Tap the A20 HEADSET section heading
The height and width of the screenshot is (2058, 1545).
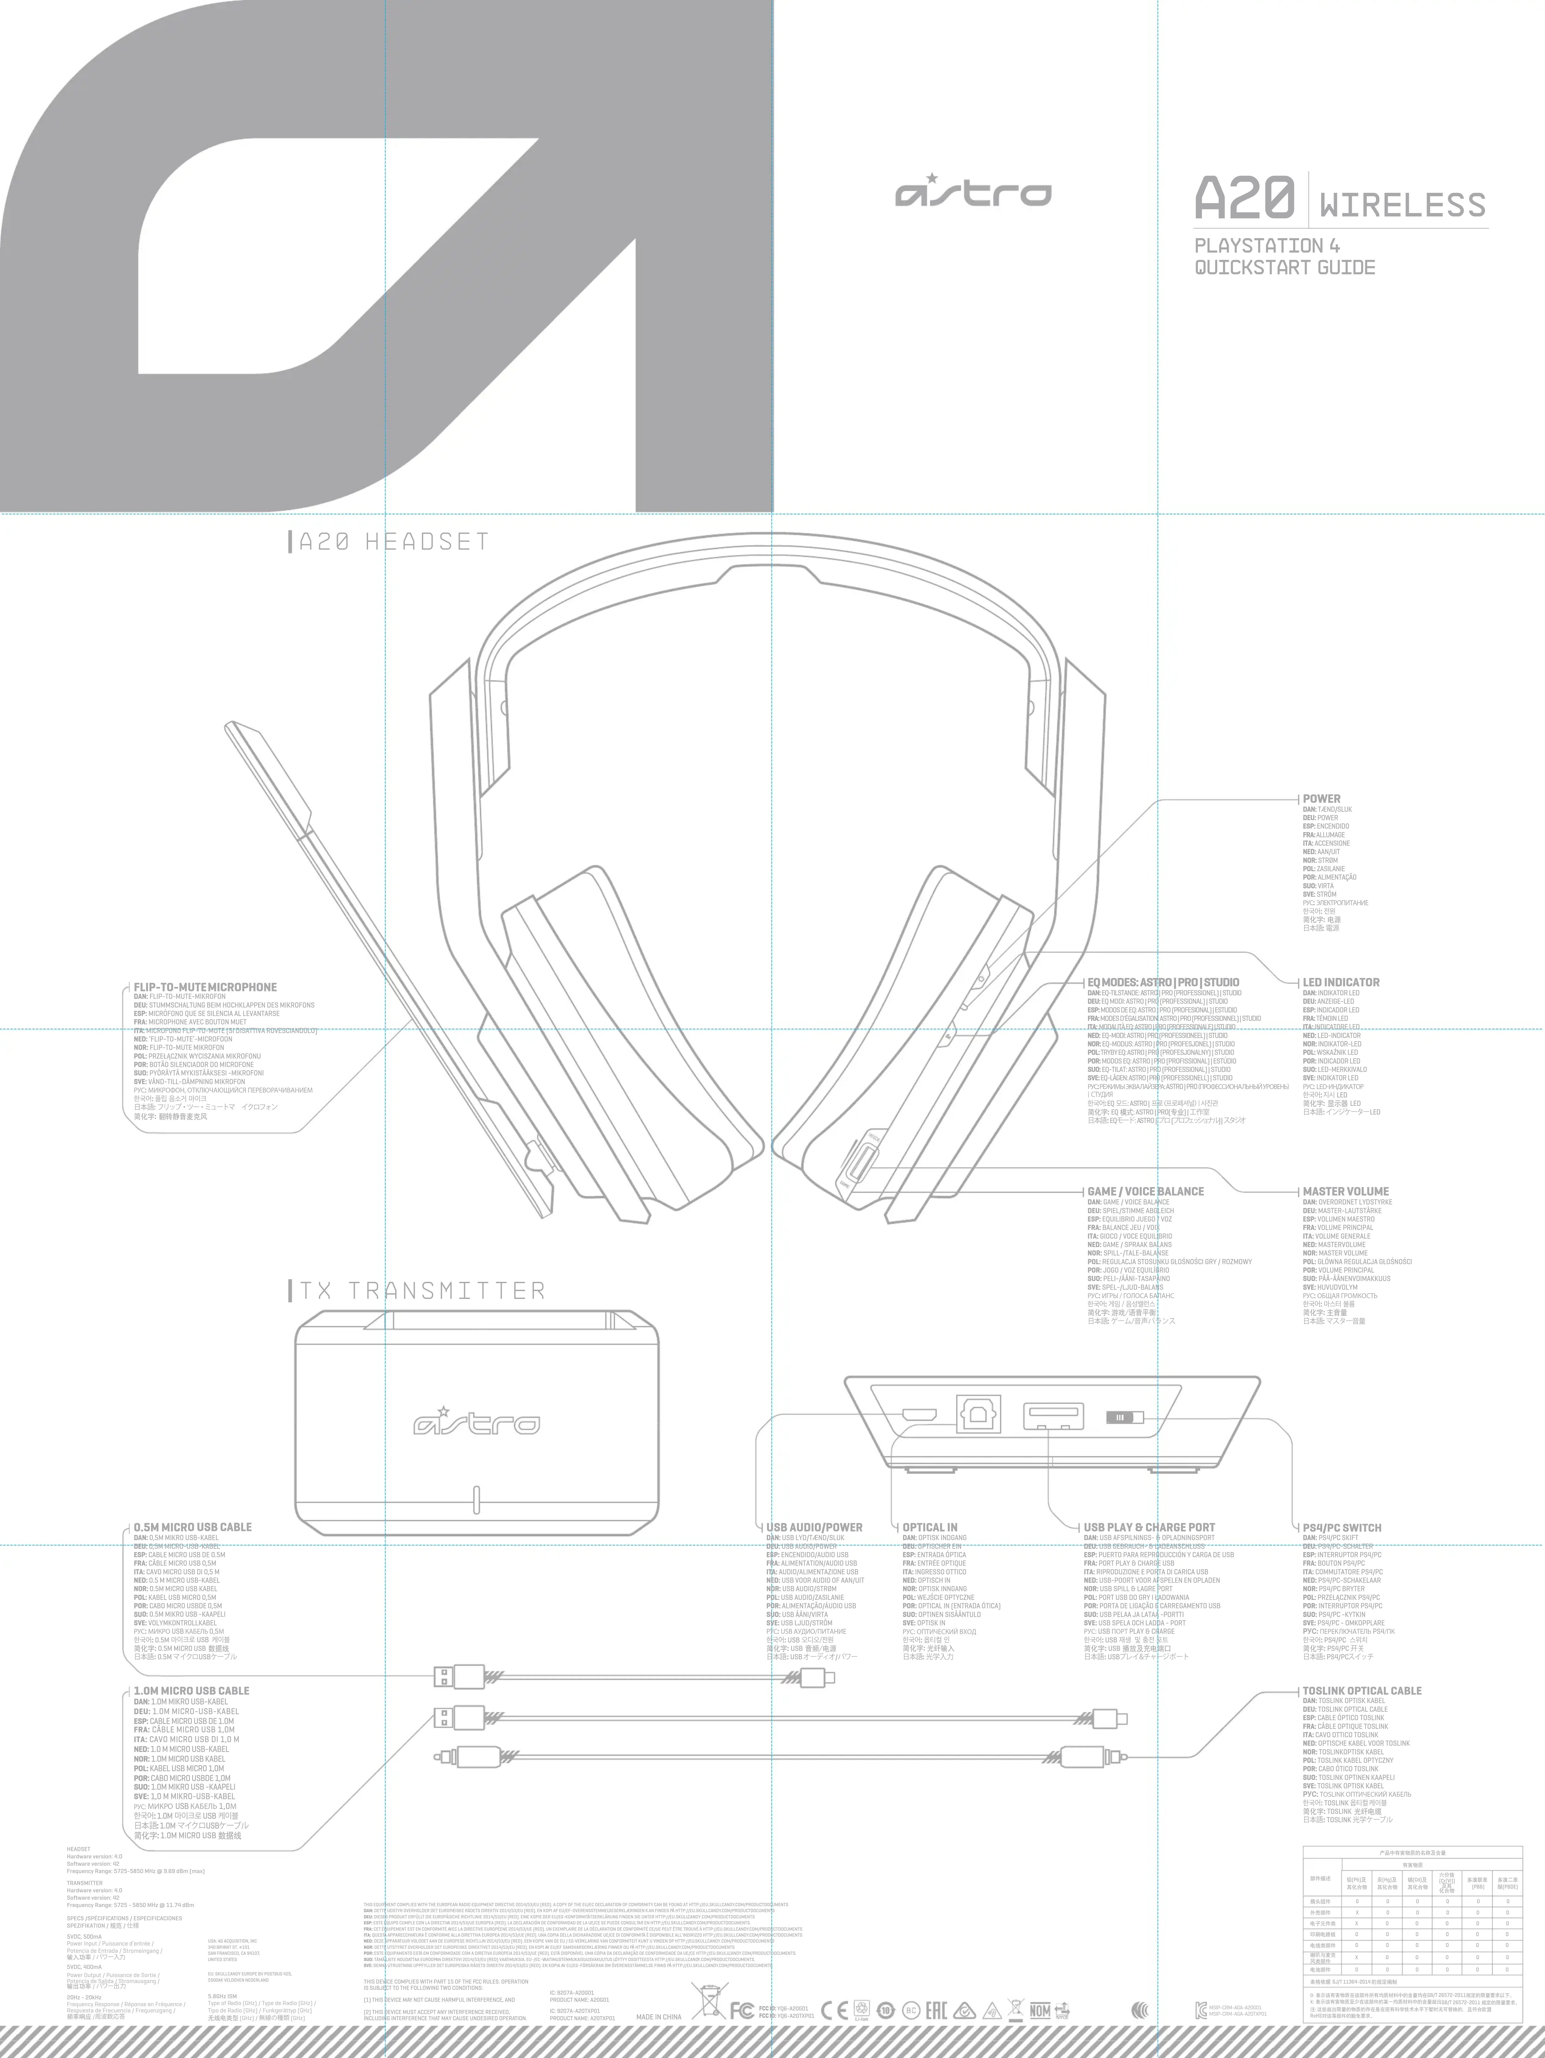point(393,542)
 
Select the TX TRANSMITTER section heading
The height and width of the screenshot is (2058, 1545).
point(421,1291)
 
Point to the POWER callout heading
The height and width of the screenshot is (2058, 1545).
point(1322,798)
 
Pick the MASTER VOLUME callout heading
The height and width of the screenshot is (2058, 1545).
point(1345,1191)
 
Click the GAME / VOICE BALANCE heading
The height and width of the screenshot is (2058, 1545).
point(1145,1191)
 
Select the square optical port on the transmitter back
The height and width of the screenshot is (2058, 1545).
point(978,1415)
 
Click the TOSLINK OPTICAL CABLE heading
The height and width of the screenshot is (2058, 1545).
point(1362,1691)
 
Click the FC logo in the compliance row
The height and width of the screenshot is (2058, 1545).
point(742,2012)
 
